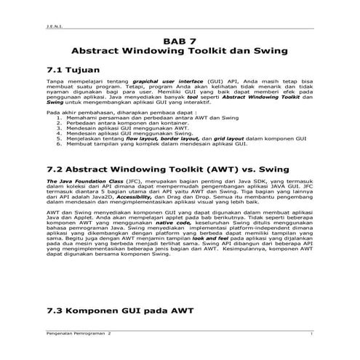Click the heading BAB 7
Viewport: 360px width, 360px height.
(x=179, y=41)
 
